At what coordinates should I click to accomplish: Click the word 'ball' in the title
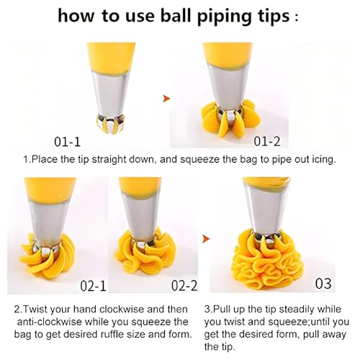[176, 16]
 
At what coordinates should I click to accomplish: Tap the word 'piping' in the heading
[222, 17]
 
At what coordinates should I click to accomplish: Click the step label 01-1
[67, 142]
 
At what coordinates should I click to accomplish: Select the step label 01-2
[267, 141]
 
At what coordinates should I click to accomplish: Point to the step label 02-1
[93, 286]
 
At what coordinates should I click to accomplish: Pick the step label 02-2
[184, 286]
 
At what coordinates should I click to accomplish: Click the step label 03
[323, 284]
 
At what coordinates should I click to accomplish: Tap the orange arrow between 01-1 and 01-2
[166, 99]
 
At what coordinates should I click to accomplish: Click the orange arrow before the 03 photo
[206, 238]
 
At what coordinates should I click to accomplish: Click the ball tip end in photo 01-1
[110, 124]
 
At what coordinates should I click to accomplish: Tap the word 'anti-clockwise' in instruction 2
[50, 322]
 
